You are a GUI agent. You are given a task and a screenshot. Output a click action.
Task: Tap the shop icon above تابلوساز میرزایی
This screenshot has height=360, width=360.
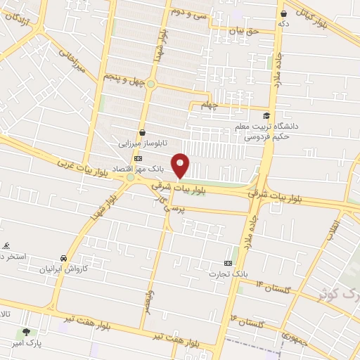[143, 131]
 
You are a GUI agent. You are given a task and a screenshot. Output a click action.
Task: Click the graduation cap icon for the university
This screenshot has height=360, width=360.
[266, 116]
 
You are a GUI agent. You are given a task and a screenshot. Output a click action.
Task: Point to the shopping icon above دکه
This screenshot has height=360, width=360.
[283, 13]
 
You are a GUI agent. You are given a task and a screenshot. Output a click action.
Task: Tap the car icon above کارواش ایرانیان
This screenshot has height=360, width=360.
[64, 258]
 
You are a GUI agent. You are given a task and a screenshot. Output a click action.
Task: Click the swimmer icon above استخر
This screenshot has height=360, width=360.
[6, 245]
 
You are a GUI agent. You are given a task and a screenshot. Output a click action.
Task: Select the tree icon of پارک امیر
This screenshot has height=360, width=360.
[27, 332]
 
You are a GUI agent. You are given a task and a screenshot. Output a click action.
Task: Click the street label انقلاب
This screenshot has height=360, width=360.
[333, 231]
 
